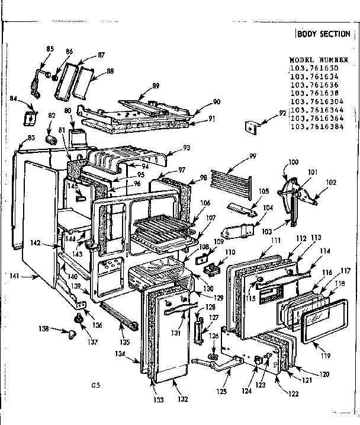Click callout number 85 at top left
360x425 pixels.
(50, 49)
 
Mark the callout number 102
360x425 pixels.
(331, 183)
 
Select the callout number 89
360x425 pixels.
(156, 86)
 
